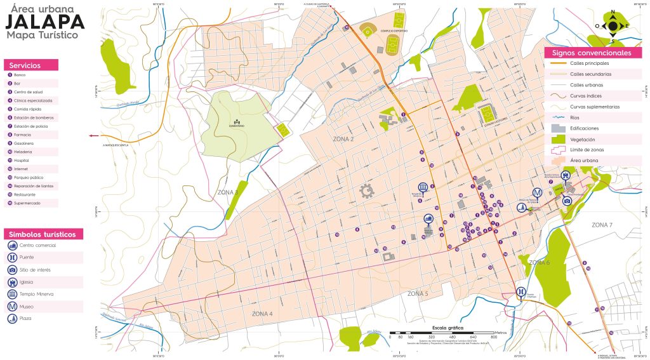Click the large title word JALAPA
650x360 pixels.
point(45,22)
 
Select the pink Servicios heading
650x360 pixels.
point(30,65)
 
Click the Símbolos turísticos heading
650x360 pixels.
point(43,234)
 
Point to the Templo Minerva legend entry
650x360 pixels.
point(37,294)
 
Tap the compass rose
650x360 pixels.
point(613,26)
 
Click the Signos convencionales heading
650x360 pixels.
point(591,53)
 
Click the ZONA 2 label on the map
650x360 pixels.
point(343,138)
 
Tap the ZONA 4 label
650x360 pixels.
point(262,314)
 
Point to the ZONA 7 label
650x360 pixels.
point(602,225)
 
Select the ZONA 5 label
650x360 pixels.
point(418,294)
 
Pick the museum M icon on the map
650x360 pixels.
point(537,193)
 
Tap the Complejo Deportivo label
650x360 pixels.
point(394,30)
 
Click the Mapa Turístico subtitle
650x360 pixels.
point(42,36)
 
